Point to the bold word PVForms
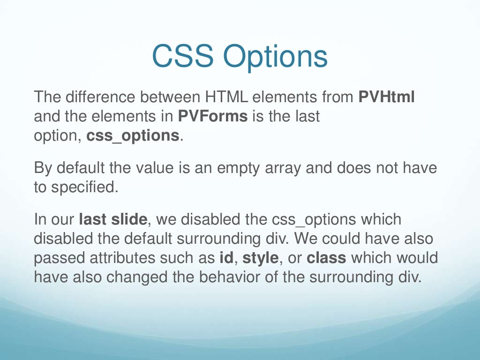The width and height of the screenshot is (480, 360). pos(213,116)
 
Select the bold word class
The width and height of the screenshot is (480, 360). pos(326,257)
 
